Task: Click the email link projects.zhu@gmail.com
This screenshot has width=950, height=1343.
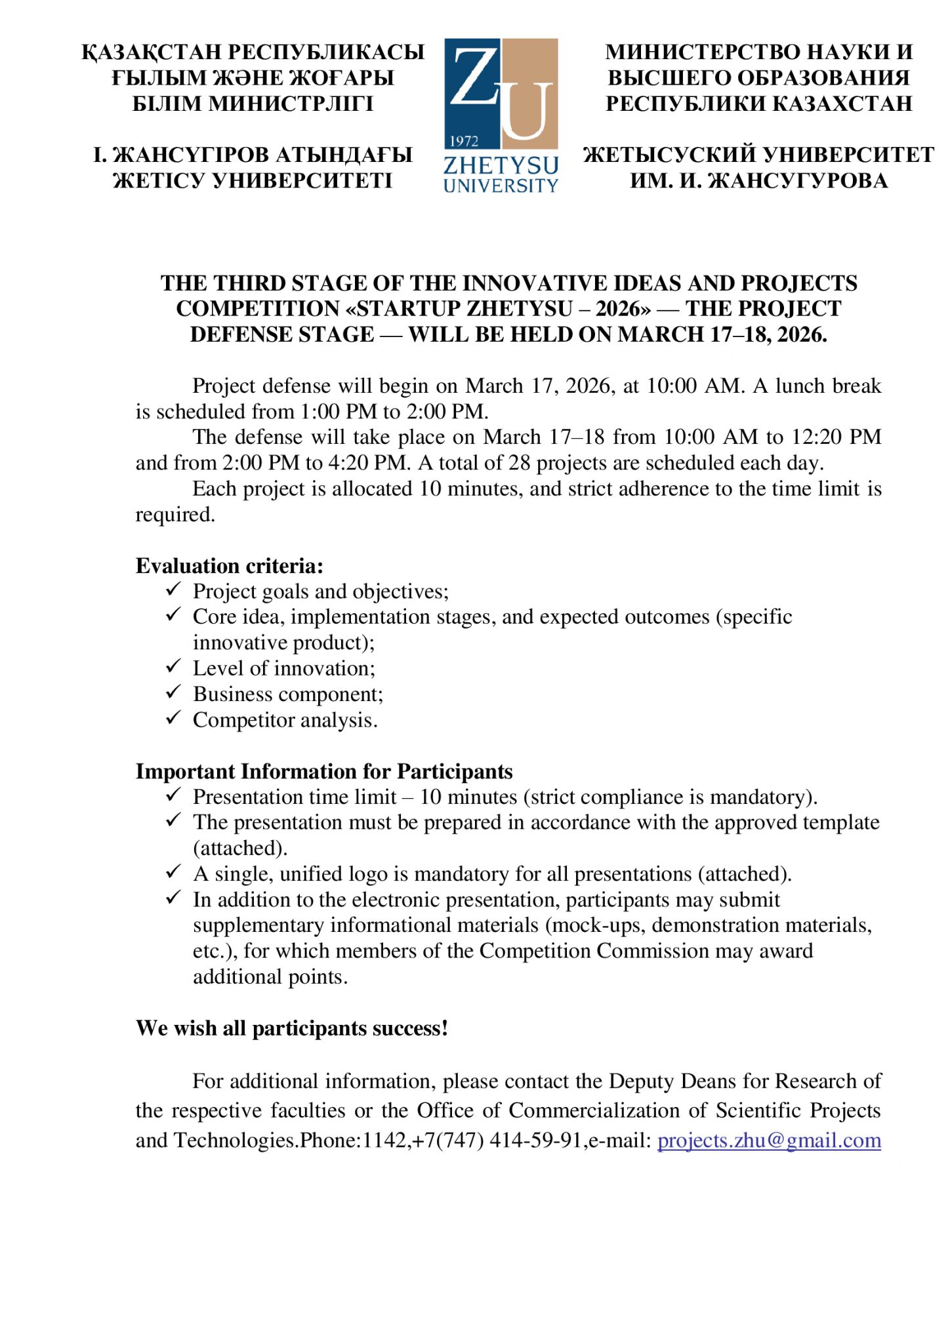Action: [x=768, y=1140]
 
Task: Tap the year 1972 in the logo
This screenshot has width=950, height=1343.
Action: [x=464, y=141]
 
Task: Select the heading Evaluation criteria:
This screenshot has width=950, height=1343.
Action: [x=229, y=566]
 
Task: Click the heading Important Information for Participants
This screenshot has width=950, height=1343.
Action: [x=324, y=771]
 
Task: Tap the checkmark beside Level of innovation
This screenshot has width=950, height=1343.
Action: [x=173, y=667]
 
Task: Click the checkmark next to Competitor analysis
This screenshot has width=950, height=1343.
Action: [x=173, y=719]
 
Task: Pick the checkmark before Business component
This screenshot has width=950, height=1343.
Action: [x=173, y=692]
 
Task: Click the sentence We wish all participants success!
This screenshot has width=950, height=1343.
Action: [x=292, y=1028]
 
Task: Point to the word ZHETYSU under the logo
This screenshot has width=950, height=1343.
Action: [x=501, y=165]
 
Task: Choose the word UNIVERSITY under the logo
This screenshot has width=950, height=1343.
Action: [x=501, y=186]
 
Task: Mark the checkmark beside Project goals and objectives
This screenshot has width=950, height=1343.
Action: [x=173, y=590]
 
